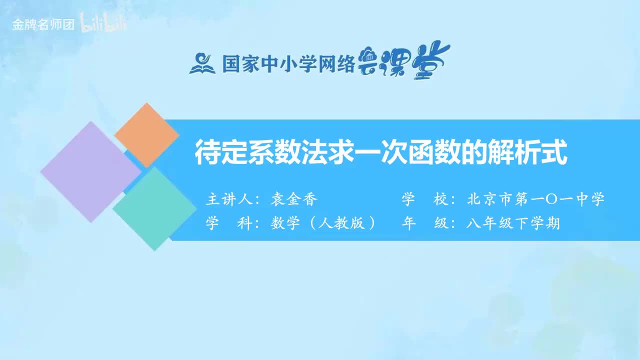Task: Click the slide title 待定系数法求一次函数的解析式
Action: coord(381,153)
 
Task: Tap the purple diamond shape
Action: coord(90,171)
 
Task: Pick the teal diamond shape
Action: coord(154,208)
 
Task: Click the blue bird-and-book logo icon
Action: coord(202,63)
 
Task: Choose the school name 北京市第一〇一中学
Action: coord(535,199)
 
